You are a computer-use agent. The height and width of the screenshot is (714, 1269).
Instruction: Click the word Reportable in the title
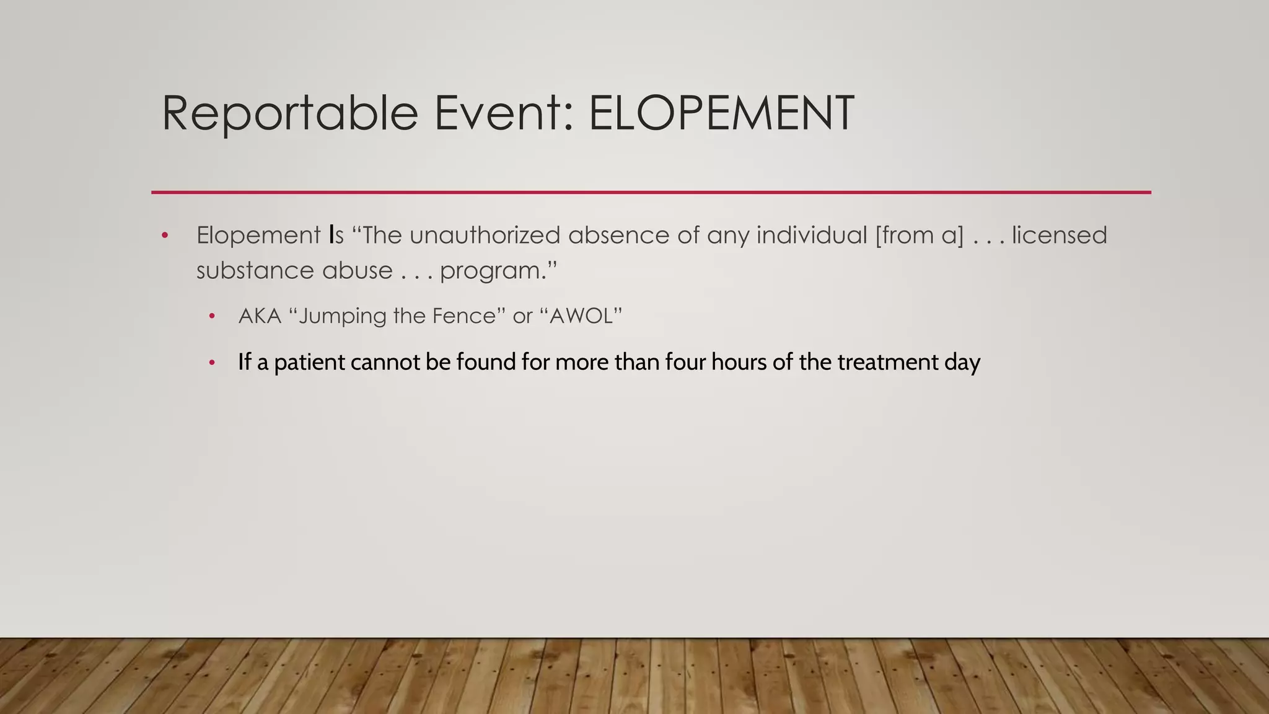tap(289, 113)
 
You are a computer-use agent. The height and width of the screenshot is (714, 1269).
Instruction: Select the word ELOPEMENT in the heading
tap(721, 113)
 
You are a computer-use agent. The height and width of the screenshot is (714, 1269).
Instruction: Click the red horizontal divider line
tap(651, 192)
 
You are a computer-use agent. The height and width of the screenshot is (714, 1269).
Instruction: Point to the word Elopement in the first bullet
tap(258, 236)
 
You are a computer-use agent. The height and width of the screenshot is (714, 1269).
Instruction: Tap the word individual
tap(812, 236)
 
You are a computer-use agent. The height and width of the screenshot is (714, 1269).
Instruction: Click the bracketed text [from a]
tap(920, 236)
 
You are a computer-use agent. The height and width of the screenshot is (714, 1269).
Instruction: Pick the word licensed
tap(1059, 236)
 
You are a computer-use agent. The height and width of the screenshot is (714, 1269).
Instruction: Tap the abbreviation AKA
tap(260, 316)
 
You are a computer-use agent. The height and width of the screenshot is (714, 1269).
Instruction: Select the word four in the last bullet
tap(685, 362)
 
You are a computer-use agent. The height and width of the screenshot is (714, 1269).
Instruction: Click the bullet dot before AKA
tap(212, 317)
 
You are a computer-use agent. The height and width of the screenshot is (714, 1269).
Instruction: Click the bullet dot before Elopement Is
tap(165, 236)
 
